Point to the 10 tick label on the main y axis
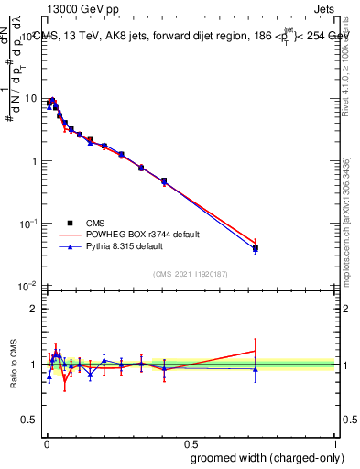point(30,99)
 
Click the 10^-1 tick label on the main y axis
point(28,223)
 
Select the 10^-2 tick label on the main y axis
point(28,286)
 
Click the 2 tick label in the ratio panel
point(35,309)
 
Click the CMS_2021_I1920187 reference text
point(190,274)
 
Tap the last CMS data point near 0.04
point(256,248)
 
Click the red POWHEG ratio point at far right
point(256,351)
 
